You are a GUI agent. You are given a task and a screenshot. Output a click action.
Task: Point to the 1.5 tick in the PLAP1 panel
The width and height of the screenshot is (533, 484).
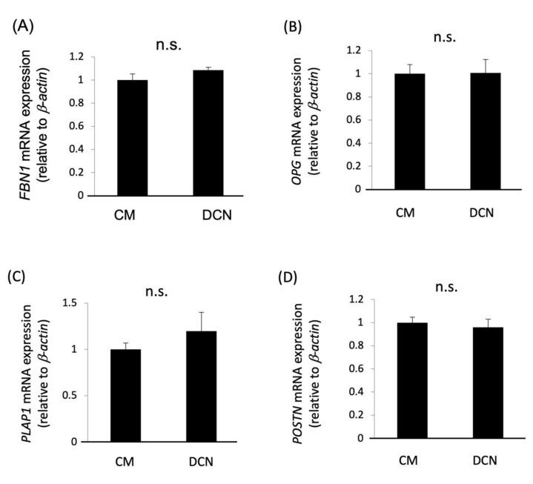coord(72,303)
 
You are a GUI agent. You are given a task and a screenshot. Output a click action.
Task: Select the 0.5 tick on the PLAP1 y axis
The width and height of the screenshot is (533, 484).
coord(72,396)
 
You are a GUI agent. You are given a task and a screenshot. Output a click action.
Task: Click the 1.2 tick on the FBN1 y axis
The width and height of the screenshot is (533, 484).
coord(72,56)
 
